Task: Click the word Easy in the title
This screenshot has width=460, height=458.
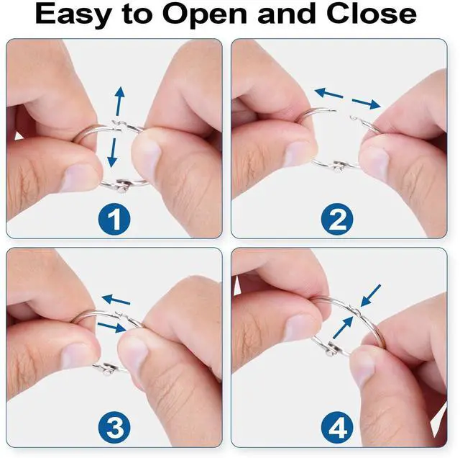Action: pyautogui.click(x=73, y=14)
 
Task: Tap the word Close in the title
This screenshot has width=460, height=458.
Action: pyautogui.click(x=372, y=14)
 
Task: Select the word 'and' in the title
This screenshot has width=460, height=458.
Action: pyautogui.click(x=287, y=14)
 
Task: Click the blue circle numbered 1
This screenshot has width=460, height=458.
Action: pyautogui.click(x=114, y=219)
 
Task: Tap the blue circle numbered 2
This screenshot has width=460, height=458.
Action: pyautogui.click(x=337, y=219)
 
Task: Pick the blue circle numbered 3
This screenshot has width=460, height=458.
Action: pyautogui.click(x=114, y=428)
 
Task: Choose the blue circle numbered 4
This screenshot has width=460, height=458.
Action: pyautogui.click(x=337, y=428)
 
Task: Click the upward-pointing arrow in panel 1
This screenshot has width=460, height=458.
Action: pyautogui.click(x=119, y=101)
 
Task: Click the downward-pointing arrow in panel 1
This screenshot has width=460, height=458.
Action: pyautogui.click(x=112, y=153)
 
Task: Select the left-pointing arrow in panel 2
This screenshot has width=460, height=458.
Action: pyautogui.click(x=328, y=93)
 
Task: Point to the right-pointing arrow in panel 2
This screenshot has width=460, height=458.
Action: pyautogui.click(x=367, y=104)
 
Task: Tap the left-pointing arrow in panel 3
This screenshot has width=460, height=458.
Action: pyautogui.click(x=116, y=300)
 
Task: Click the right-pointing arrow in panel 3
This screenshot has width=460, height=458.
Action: pyautogui.click(x=112, y=328)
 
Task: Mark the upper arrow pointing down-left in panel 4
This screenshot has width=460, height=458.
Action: pyautogui.click(x=371, y=296)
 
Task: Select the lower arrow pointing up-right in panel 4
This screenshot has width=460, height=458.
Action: pyautogui.click(x=343, y=328)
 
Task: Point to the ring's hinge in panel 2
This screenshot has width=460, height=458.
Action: pyautogui.click(x=339, y=166)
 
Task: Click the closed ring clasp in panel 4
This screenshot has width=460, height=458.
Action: pyautogui.click(x=356, y=310)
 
